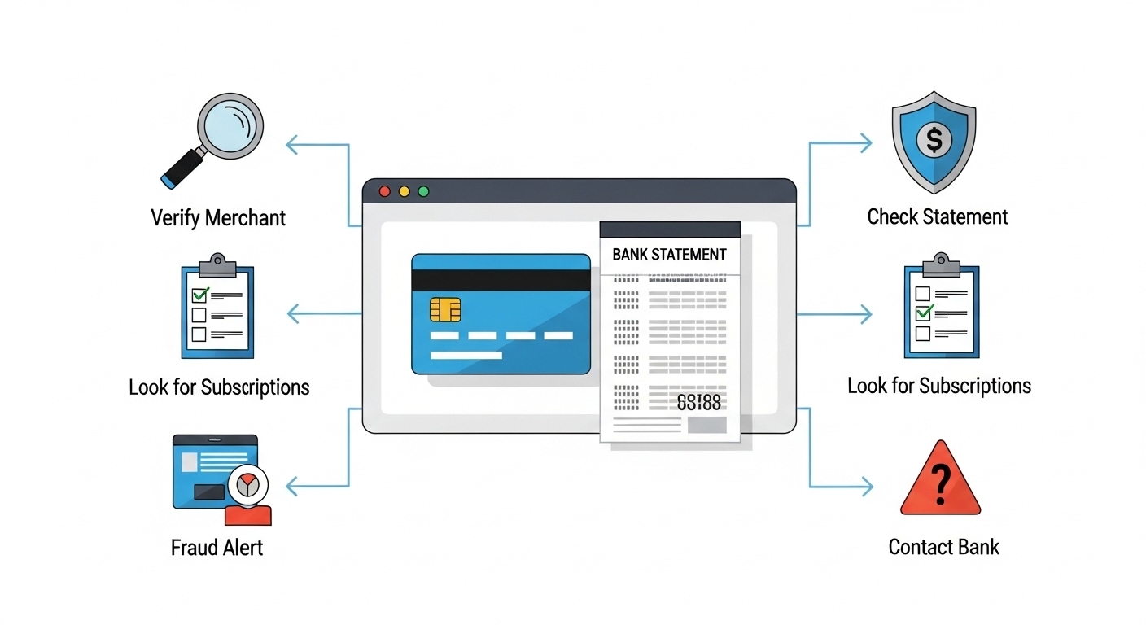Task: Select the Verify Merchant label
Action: (218, 218)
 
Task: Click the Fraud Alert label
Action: (217, 548)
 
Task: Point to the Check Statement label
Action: (937, 216)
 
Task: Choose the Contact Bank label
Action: (943, 547)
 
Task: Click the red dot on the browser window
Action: (385, 192)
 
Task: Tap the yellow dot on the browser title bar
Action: (405, 192)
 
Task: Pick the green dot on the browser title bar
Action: (423, 192)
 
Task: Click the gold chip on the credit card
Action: (445, 309)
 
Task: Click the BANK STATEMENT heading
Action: (669, 255)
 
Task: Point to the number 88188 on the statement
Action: (698, 402)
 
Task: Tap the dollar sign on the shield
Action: (934, 140)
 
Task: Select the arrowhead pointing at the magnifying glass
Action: (291, 146)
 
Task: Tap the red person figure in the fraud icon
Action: (247, 514)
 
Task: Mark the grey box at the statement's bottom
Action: (706, 425)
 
